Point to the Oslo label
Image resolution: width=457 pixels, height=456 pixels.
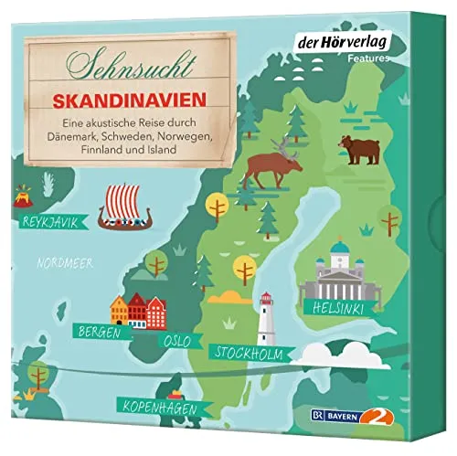[x=176, y=341]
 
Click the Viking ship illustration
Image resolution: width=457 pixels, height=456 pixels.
[x=129, y=203]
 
